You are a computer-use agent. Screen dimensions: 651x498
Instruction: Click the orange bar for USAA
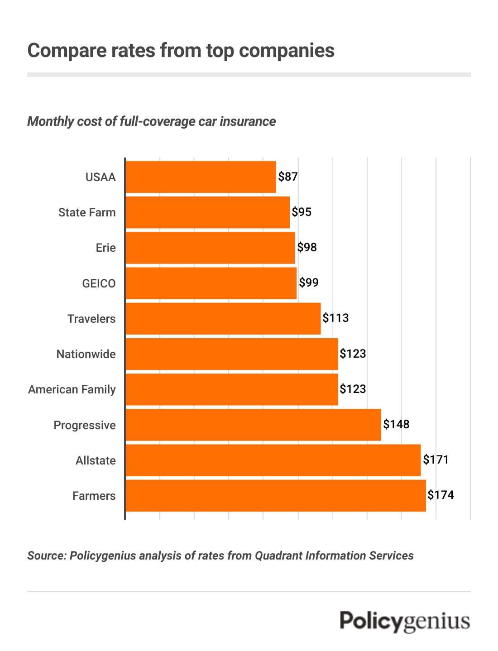coord(201,177)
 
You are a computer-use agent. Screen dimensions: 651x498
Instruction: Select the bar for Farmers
coord(275,496)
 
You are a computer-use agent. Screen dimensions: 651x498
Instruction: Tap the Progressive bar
coord(253,425)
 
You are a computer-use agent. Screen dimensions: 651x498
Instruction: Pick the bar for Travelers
coord(223,319)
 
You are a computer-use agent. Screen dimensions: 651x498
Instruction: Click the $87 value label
coord(288,177)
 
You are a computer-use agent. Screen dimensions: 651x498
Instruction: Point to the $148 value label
coord(396,424)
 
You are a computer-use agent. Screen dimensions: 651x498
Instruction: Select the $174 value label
coord(441,495)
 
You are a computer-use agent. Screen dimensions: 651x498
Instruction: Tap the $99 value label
coord(309,282)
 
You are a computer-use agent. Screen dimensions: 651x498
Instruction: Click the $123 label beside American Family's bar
coord(353,388)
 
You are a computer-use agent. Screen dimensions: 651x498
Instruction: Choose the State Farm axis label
coord(87,212)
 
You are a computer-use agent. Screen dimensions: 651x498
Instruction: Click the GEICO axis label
coord(99,283)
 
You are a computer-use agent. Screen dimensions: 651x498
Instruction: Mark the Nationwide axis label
coord(86,354)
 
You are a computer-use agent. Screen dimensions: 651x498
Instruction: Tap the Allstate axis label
coord(96,460)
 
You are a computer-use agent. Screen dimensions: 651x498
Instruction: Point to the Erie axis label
coord(105,248)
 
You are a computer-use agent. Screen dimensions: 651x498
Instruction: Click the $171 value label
coord(436,460)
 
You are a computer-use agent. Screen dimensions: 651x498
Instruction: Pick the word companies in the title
coord(287,50)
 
